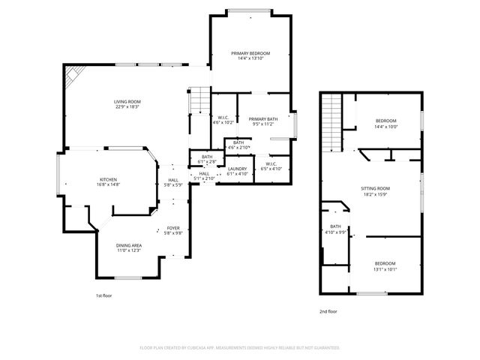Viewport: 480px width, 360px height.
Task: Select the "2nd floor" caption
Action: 328,310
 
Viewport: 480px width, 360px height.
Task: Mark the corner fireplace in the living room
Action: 71,74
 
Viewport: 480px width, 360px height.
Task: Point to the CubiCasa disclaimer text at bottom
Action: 240,348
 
